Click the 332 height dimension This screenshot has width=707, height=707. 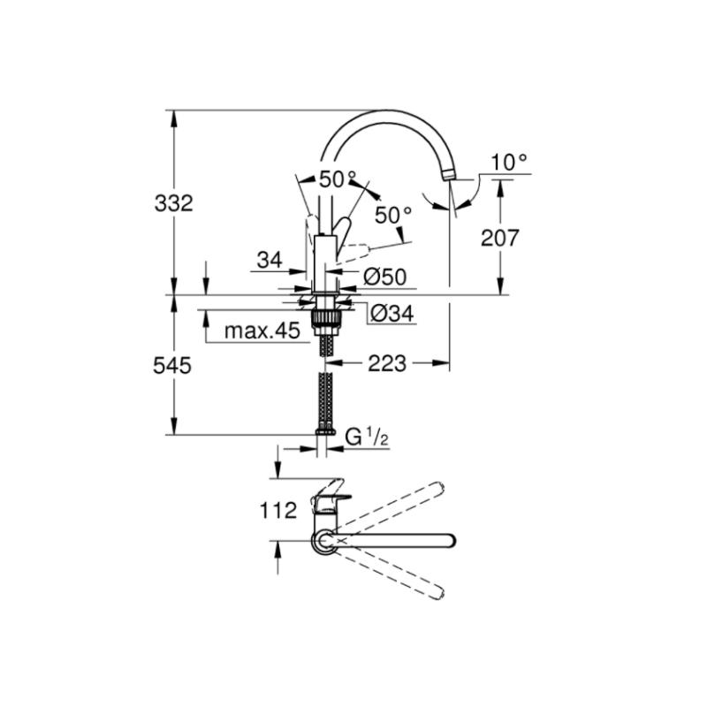click(173, 203)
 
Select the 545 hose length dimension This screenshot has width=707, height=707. click(172, 365)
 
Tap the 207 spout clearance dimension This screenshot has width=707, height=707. click(500, 238)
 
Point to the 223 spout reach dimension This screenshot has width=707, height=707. click(387, 363)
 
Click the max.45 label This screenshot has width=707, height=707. click(262, 331)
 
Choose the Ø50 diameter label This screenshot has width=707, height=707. click(384, 277)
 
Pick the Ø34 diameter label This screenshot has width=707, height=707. click(392, 313)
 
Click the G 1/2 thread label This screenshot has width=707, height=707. click(367, 437)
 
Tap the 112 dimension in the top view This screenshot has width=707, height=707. click(278, 511)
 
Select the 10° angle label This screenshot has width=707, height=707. click(509, 163)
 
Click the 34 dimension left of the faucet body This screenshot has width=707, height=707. click(270, 260)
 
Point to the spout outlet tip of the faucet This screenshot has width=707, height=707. click(450, 176)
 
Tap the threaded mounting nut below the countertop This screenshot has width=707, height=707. click(325, 316)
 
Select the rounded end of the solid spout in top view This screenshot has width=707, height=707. click(449, 540)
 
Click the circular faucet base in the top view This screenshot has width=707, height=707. click(315, 541)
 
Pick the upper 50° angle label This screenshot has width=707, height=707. click(338, 179)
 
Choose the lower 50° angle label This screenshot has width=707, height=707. click(393, 216)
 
